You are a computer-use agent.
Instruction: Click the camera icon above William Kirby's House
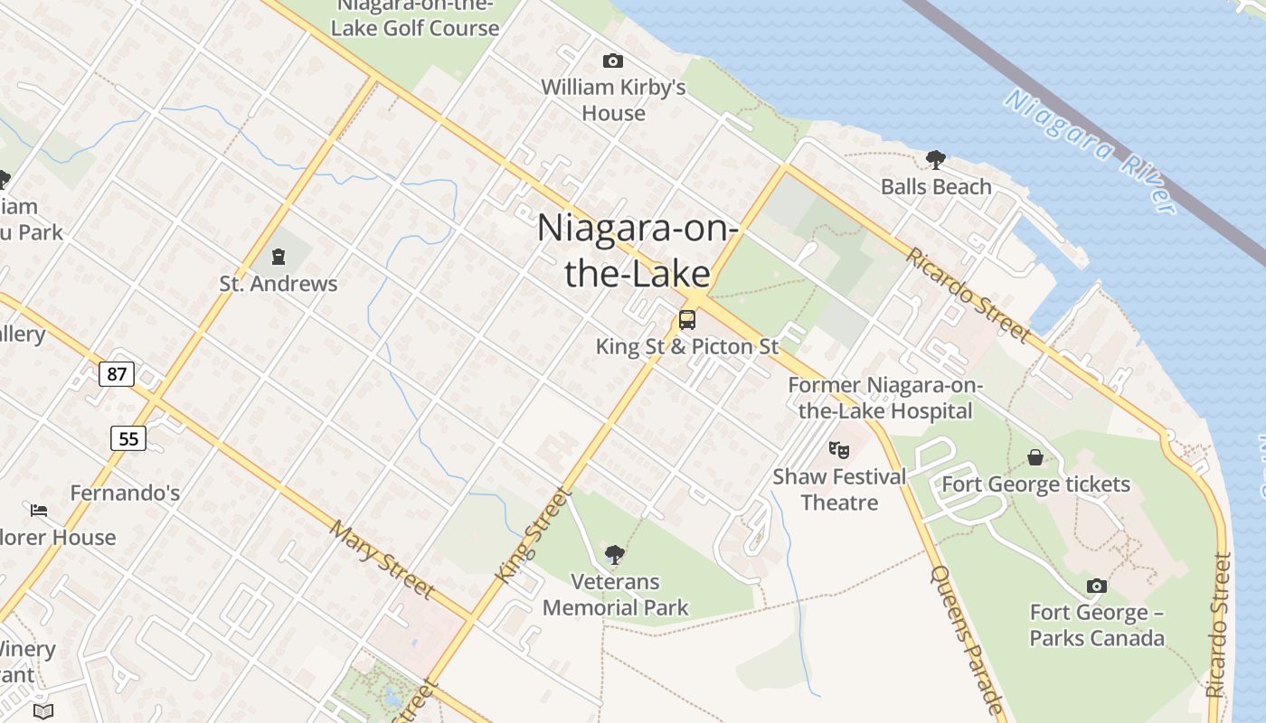point(612,61)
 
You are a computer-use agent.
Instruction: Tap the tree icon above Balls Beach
point(936,160)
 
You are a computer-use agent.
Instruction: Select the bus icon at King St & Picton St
point(687,319)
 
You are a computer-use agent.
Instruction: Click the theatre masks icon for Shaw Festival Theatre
point(839,449)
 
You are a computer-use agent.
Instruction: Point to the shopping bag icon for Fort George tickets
point(1035,458)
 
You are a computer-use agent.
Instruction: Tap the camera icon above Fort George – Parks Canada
point(1096,586)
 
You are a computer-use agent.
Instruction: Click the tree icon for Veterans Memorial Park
point(615,554)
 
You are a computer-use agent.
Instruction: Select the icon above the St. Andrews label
point(279,258)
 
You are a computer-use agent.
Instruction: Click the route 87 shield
point(117,373)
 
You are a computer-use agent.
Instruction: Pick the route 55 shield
point(128,438)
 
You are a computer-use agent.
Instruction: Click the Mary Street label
point(382,559)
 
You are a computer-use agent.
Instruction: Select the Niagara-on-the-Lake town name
point(638,250)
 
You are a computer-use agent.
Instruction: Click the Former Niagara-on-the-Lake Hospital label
point(884,398)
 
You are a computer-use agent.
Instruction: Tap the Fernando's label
point(125,493)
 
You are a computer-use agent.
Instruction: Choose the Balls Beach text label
point(936,187)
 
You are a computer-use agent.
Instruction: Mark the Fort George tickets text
point(1036,484)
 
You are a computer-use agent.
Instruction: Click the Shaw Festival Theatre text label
point(839,489)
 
